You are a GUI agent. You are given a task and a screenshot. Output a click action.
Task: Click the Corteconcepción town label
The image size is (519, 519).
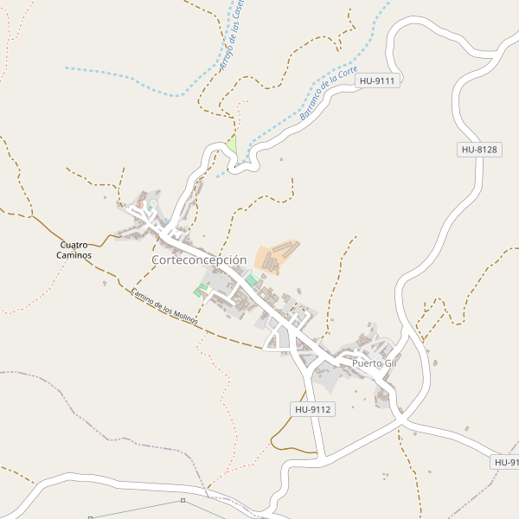[x=199, y=259]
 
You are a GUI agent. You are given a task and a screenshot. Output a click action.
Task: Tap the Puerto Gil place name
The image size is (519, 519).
[x=374, y=363]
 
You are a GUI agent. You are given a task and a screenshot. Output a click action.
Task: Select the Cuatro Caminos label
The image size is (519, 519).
[x=74, y=250]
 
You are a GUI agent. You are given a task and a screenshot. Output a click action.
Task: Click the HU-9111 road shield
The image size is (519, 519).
[x=377, y=80]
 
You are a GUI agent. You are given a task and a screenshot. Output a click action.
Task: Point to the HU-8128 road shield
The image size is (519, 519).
[x=478, y=150]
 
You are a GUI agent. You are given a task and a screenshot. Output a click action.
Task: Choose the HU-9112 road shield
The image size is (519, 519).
[x=312, y=409]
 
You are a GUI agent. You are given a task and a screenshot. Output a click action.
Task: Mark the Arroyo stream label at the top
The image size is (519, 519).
[x=232, y=36]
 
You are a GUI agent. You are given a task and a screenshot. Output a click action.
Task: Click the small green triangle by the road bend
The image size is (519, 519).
[x=232, y=143]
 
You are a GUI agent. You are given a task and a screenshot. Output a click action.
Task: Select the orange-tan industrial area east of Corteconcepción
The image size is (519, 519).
[x=276, y=255]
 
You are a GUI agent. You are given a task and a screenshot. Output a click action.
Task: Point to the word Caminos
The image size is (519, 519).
[x=74, y=255]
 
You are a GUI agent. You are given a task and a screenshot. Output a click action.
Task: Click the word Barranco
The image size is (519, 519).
[x=312, y=106]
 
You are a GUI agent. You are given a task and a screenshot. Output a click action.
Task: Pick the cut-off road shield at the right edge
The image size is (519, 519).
[x=505, y=463]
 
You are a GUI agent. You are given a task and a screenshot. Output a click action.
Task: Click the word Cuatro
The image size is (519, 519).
[x=74, y=245]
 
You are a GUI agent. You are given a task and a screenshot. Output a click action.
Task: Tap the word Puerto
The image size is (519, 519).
[x=366, y=363]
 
